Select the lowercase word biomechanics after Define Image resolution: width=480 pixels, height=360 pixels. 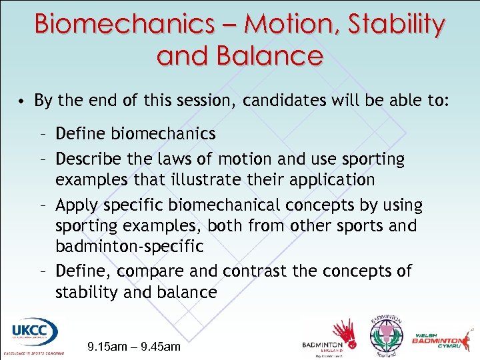[x=163, y=134]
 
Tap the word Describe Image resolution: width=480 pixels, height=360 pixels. [x=87, y=159]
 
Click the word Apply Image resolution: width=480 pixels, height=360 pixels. [x=76, y=205]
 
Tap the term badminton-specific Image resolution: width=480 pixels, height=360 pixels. [x=129, y=245]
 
